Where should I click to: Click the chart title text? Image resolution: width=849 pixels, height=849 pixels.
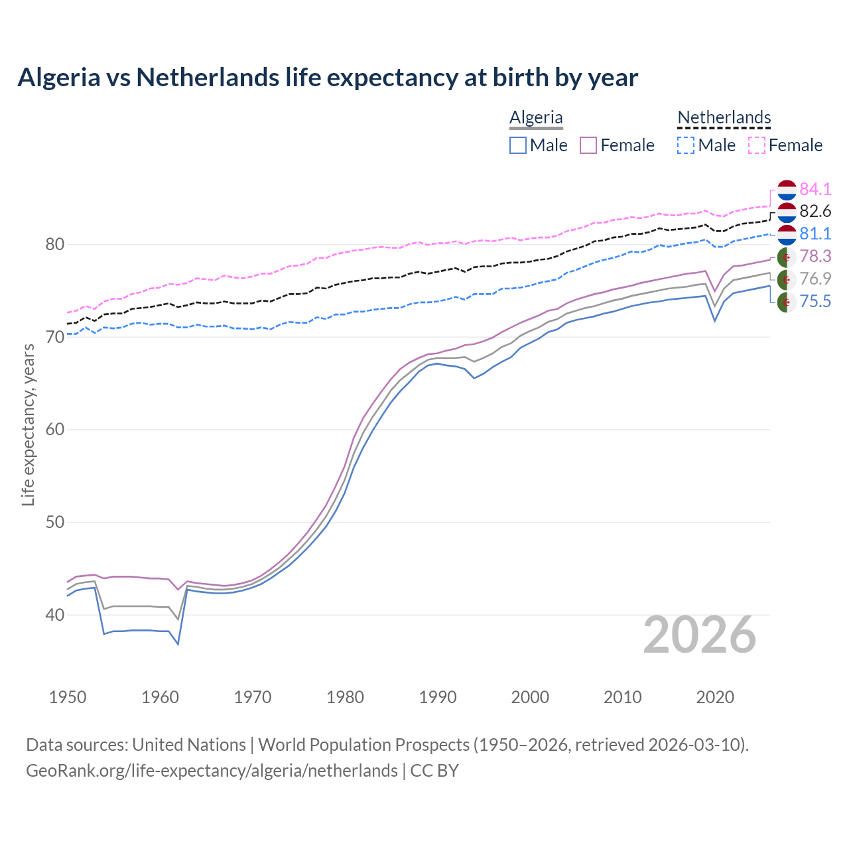328,78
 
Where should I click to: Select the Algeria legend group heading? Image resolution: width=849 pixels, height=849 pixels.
536,117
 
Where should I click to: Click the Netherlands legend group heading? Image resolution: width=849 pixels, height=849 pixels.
724,117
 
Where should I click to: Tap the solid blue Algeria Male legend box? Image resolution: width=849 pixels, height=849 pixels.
518,145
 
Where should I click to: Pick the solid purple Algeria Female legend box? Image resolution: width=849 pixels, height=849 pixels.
589,145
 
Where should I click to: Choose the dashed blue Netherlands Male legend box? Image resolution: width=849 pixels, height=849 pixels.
686,145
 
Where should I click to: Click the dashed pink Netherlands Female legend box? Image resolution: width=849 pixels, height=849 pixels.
757,145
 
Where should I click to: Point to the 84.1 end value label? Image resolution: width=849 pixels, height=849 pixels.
815,189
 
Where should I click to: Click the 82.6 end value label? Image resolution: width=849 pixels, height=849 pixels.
815,212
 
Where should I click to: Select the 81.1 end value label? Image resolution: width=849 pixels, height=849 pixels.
815,233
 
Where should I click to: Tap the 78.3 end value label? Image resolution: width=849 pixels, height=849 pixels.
815,256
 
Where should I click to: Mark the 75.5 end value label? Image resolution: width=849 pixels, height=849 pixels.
815,302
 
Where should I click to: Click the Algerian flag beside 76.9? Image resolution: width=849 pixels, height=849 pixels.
787,279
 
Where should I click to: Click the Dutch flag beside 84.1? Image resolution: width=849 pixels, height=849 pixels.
787,189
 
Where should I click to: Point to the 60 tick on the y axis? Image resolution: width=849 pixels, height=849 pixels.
54,429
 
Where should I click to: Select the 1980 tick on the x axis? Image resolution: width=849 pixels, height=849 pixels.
345,697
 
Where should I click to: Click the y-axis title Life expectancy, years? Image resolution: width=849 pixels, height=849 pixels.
28,424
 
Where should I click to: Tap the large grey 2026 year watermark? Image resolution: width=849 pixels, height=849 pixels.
700,635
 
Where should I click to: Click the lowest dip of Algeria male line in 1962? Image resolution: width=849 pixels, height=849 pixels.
178,644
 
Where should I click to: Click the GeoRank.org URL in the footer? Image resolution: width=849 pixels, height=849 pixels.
212,771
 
